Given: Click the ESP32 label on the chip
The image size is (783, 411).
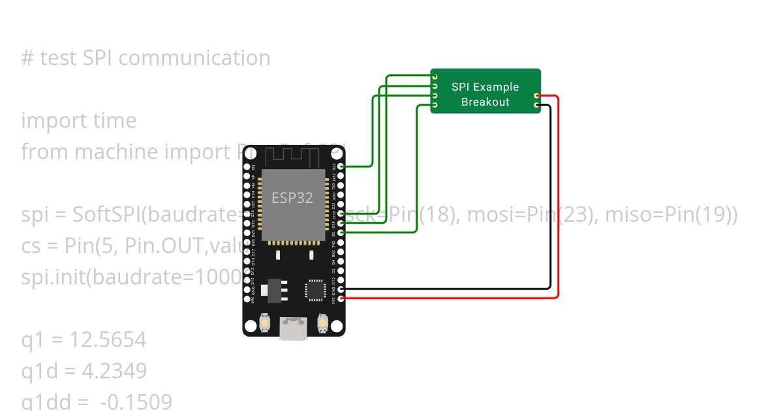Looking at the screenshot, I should [292, 198].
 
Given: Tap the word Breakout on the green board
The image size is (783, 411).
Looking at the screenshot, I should [485, 102].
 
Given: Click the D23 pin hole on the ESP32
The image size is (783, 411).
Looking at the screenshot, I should [341, 166].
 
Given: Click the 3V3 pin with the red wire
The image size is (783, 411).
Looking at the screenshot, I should [341, 299].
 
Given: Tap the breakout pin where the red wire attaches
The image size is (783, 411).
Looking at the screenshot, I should [536, 96].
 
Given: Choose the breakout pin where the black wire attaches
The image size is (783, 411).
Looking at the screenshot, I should [536, 105].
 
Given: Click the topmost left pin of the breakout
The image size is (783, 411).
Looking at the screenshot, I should [435, 77].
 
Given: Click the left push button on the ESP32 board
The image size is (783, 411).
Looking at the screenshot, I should [266, 322].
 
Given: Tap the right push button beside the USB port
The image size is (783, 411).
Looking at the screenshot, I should [322, 322].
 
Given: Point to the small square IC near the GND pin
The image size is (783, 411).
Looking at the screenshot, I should [316, 290].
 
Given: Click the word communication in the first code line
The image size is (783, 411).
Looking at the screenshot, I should [194, 58].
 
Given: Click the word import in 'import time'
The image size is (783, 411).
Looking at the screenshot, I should [46, 121].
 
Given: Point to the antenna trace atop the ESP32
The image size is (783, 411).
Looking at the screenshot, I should [292, 156].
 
